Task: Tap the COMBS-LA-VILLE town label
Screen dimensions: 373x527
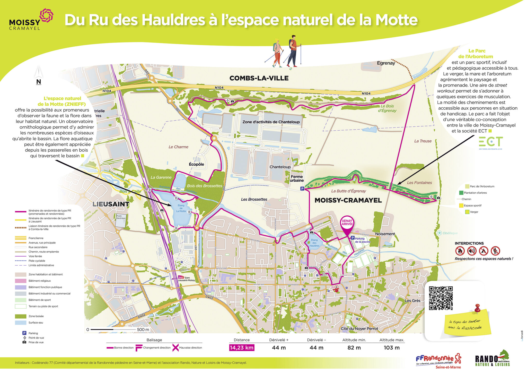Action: coord(259,78)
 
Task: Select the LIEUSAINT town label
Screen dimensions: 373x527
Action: coord(111,204)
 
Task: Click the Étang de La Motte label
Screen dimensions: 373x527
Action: coord(181,208)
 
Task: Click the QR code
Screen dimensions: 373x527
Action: coord(441,298)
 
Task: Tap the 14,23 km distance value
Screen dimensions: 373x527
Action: coord(242,347)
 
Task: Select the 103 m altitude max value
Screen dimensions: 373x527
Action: coord(392,347)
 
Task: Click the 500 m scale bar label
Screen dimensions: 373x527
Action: coord(143,329)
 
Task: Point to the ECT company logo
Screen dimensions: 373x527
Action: coord(491,142)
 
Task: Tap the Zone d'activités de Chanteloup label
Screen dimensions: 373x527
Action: coord(271,122)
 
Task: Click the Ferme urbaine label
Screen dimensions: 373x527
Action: coord(297,179)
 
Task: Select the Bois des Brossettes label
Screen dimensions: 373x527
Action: coord(204,186)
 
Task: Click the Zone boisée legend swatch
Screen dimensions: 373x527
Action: coord(21,316)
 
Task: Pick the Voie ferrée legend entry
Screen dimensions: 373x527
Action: coord(35,256)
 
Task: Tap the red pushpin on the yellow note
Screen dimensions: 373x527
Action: coord(477,308)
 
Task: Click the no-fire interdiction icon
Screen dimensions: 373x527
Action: coord(460,251)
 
